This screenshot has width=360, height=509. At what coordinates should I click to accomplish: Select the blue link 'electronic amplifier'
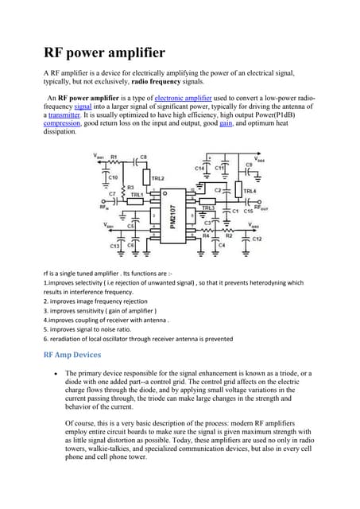[189, 98]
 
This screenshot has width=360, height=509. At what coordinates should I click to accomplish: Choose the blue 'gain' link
[226, 123]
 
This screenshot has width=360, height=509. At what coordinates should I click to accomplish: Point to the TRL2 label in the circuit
[157, 179]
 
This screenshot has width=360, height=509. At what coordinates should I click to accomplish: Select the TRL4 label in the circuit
[250, 192]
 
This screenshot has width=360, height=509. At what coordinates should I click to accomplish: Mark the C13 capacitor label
[115, 246]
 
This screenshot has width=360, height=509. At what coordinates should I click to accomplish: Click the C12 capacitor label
[257, 239]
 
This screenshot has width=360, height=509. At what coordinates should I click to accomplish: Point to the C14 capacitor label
[199, 169]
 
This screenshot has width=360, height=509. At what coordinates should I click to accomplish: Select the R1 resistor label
[114, 157]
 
